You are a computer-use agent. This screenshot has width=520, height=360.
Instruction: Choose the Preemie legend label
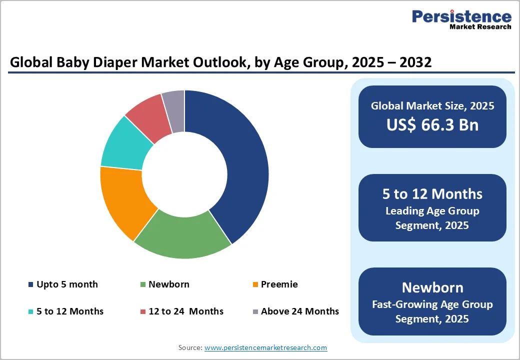tap(279, 284)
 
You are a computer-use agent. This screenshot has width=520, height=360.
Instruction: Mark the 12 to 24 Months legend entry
tap(185, 311)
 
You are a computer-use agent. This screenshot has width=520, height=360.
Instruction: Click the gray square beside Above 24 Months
tap(255, 312)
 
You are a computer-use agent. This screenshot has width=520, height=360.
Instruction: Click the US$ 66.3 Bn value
tap(432, 125)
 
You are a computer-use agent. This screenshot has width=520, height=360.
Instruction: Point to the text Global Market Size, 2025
tap(432, 106)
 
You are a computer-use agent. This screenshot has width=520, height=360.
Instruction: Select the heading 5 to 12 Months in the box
tap(432, 194)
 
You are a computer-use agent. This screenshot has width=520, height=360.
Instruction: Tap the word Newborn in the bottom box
tap(432, 287)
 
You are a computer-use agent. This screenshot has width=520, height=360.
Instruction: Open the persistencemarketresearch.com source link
tap(265, 347)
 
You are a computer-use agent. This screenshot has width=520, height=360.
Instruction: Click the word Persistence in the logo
tap(461, 16)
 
